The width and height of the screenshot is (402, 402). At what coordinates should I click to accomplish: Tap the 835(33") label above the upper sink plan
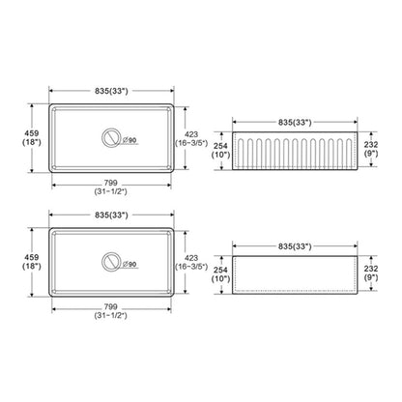pyautogui.click(x=111, y=91)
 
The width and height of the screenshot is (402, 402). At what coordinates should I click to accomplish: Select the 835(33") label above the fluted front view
pyautogui.click(x=295, y=123)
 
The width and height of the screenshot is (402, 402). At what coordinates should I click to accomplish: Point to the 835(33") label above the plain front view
pyautogui.click(x=295, y=246)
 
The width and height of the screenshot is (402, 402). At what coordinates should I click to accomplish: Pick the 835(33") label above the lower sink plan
pyautogui.click(x=111, y=215)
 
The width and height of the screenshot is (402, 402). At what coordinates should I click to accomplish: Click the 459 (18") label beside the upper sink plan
pyautogui.click(x=32, y=137)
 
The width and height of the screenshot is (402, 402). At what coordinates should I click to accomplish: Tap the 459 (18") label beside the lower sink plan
pyautogui.click(x=32, y=262)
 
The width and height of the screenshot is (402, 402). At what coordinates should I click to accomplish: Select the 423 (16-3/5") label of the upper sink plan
pyautogui.click(x=191, y=139)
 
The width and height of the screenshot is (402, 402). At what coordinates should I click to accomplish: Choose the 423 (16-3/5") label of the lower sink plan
pyautogui.click(x=191, y=263)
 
